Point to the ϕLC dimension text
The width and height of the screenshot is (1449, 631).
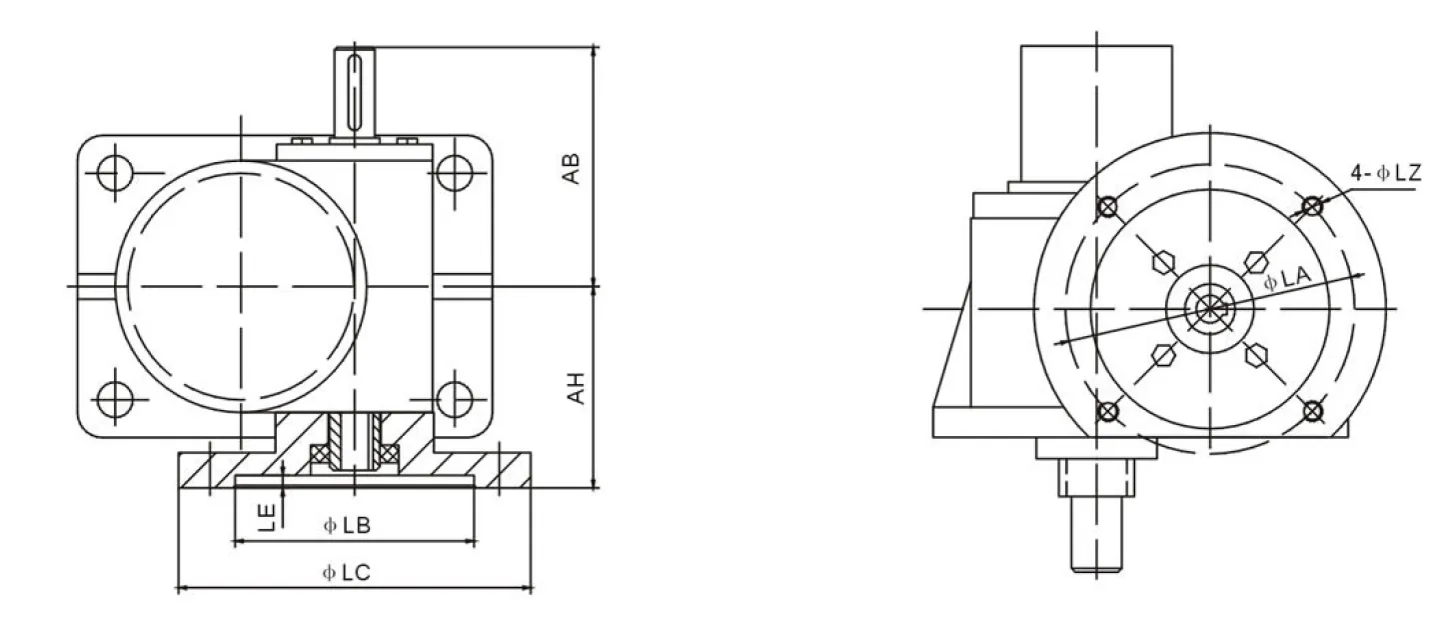pos(347,573)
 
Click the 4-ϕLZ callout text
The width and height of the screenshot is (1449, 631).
pos(1385,174)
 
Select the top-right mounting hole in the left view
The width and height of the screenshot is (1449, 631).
pos(456,173)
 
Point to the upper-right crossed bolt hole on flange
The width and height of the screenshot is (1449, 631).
pos(1312,206)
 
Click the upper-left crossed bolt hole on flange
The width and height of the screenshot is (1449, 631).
pos(1106,207)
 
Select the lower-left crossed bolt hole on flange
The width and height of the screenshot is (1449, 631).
pos(1106,411)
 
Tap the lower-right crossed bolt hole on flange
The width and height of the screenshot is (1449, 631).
pos(1313,410)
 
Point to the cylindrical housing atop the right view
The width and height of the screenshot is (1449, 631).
pos(1094,100)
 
